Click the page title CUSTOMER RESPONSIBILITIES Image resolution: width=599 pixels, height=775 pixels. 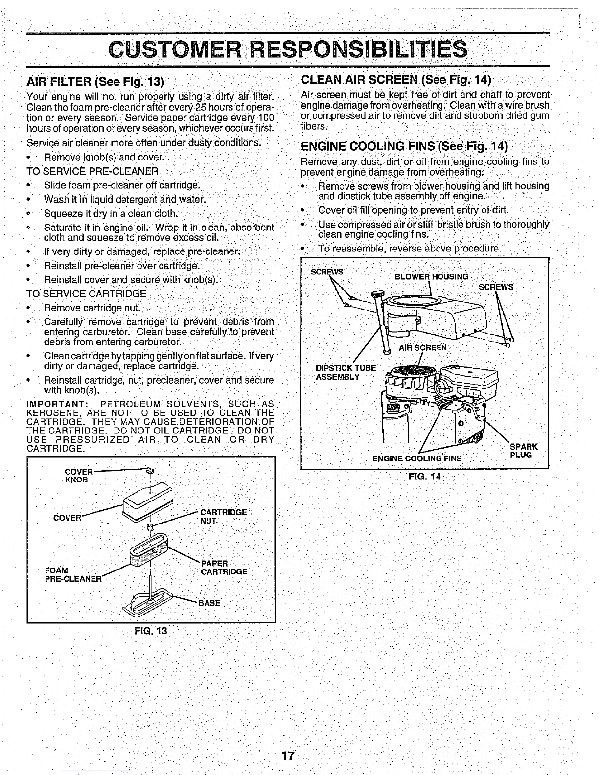tap(288, 49)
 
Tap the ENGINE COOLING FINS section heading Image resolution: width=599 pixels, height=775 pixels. tap(404, 146)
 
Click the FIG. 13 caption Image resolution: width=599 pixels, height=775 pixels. tap(151, 631)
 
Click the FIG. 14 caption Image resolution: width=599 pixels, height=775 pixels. tap(424, 477)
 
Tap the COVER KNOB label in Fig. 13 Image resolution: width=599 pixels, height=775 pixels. tap(78, 476)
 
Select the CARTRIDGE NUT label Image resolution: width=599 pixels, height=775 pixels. tap(224, 516)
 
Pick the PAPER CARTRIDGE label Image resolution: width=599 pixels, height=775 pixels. tap(224, 568)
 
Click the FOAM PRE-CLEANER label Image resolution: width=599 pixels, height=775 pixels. tap(72, 575)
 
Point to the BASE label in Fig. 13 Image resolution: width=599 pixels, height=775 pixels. tap(209, 603)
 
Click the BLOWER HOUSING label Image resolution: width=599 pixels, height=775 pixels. tap(431, 276)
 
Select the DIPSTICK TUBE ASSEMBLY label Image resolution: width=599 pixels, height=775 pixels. tap(346, 372)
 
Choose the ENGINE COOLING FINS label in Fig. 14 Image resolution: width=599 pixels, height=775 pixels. tap(417, 459)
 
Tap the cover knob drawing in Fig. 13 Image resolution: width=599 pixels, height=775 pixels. tap(150, 471)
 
